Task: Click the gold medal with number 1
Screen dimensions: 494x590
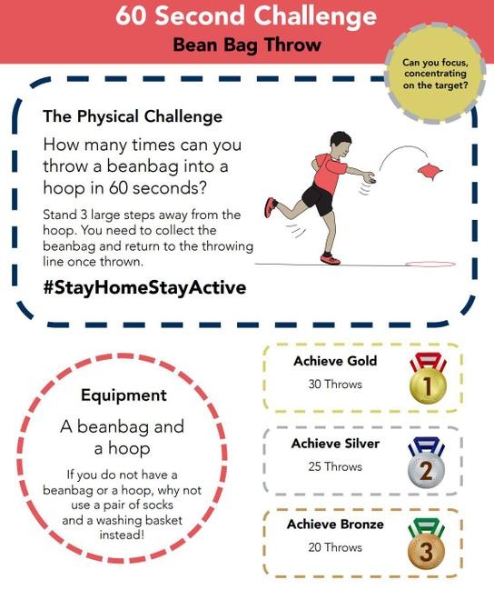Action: [x=428, y=385]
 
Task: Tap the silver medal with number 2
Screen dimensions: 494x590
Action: [x=426, y=468]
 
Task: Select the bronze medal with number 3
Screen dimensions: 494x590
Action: [x=426, y=550]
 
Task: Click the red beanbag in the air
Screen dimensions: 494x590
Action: [x=430, y=171]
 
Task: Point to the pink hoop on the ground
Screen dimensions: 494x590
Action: [x=430, y=264]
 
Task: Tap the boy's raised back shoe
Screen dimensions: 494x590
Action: [x=271, y=207]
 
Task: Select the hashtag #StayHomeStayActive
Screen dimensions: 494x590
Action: [x=144, y=287]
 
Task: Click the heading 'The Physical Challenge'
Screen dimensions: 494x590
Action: [x=133, y=116]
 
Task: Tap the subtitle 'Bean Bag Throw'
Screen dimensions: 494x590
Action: [x=247, y=45]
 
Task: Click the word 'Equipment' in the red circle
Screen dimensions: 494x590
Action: [x=123, y=395]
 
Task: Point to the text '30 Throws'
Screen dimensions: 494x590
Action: [x=335, y=385]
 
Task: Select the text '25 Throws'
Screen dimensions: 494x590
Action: [x=335, y=466]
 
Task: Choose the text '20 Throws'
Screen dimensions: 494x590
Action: [x=335, y=547]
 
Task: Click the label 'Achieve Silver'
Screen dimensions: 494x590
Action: [x=335, y=444]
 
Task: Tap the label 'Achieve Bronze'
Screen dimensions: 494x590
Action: [x=335, y=525]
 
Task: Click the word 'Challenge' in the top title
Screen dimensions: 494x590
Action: [x=315, y=15]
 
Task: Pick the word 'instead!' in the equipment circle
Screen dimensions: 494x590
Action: [x=122, y=535]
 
